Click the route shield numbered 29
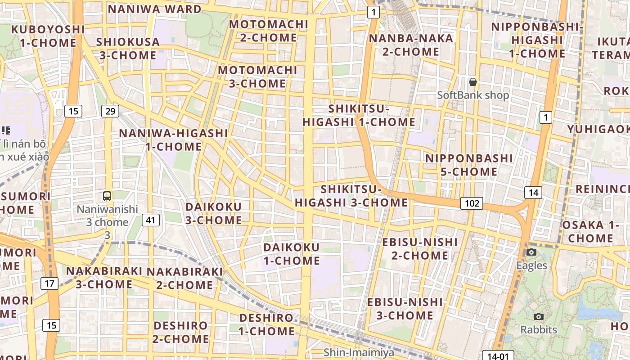110,111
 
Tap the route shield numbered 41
150,220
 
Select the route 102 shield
472,203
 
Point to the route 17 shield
49,283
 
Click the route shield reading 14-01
498,356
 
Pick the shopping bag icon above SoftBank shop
473,82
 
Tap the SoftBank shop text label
473,95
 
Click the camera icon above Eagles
531,252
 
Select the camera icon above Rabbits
539,316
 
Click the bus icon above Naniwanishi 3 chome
107,196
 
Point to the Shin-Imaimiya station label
359,352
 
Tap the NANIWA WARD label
154,9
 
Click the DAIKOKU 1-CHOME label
292,254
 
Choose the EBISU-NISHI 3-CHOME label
405,308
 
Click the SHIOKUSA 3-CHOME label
128,49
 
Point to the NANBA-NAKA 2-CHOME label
411,45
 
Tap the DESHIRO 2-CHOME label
181,332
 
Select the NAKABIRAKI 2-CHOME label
184,278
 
